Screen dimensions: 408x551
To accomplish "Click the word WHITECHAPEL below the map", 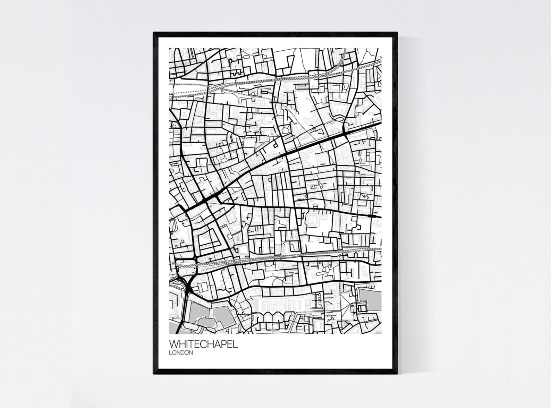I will (x=203, y=344).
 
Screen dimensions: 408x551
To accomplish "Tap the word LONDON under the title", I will (x=181, y=353).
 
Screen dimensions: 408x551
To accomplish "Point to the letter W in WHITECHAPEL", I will (x=173, y=344).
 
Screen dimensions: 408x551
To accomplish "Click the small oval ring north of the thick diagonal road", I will (x=286, y=130).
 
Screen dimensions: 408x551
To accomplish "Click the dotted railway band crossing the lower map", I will (x=278, y=258).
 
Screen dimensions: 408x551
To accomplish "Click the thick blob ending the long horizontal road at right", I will (x=374, y=216).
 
